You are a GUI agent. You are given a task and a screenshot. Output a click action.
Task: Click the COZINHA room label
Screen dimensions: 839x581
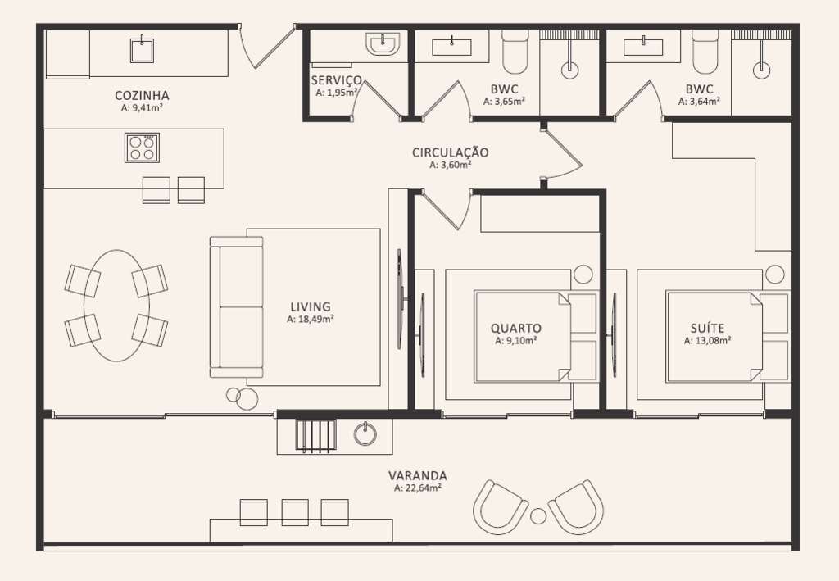click(x=142, y=96)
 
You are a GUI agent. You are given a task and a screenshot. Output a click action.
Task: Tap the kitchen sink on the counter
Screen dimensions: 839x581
click(x=142, y=50)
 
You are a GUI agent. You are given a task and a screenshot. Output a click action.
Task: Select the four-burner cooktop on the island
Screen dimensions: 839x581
click(x=142, y=148)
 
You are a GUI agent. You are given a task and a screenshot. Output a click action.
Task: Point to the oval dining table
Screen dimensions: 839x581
click(x=116, y=306)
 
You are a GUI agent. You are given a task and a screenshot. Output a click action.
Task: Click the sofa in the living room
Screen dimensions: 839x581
click(x=237, y=307)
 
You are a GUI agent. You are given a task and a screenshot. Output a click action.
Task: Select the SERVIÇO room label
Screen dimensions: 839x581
click(x=337, y=81)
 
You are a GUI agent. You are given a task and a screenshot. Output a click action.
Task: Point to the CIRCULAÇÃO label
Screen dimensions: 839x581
click(x=450, y=152)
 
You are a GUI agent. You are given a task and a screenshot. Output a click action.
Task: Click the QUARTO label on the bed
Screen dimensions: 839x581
click(x=516, y=328)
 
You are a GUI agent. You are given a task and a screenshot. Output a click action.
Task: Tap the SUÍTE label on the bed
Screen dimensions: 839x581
click(x=707, y=328)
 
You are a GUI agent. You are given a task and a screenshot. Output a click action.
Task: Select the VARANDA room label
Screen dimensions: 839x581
click(x=417, y=475)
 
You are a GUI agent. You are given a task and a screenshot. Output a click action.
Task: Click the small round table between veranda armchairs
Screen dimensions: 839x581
click(x=538, y=515)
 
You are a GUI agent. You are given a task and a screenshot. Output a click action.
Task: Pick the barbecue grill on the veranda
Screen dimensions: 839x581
click(x=315, y=436)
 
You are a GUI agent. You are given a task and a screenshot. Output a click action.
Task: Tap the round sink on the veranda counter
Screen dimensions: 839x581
click(x=365, y=433)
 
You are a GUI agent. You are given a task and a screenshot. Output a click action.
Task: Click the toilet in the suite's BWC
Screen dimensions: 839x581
click(x=705, y=52)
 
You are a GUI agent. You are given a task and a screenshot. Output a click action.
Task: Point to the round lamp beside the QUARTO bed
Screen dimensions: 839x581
click(x=583, y=275)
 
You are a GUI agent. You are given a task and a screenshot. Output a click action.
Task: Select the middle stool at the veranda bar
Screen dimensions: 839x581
click(x=295, y=512)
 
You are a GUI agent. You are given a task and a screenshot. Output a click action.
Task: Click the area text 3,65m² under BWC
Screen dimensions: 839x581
click(x=504, y=101)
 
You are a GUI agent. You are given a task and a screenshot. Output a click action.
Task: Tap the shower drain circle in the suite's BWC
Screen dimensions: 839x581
click(x=761, y=70)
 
